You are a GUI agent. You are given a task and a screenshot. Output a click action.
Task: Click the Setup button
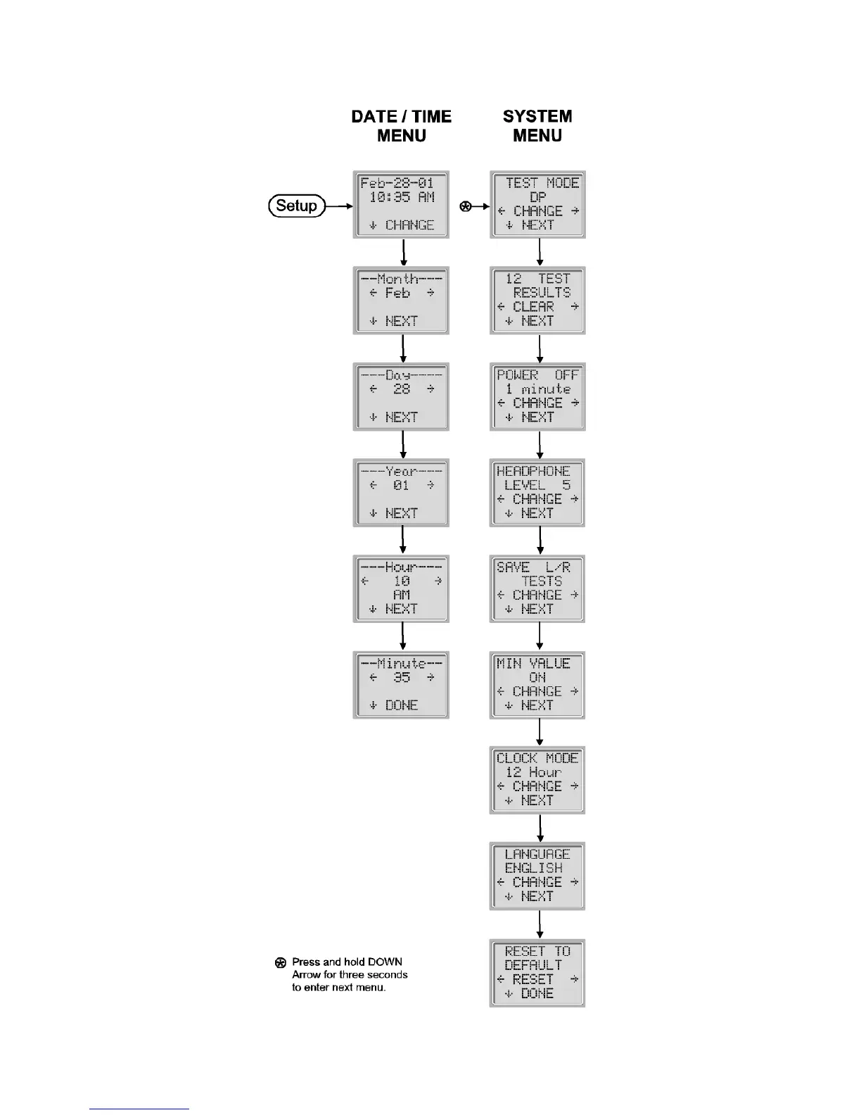(x=297, y=206)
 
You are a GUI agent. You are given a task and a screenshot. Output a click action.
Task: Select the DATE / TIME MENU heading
(x=401, y=126)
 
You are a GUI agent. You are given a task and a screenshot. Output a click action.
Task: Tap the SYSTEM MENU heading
(x=537, y=126)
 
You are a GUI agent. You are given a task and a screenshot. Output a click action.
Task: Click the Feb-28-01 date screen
(x=401, y=204)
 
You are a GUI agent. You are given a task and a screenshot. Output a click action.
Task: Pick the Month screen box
(x=401, y=300)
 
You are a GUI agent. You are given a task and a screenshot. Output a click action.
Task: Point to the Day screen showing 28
(x=401, y=396)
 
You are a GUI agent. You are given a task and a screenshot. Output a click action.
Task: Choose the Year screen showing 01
(x=401, y=493)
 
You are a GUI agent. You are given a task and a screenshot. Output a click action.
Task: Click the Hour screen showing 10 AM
(x=401, y=588)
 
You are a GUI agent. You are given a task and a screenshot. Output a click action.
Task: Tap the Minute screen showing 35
(x=401, y=684)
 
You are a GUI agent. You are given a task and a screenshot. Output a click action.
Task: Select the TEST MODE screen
(x=537, y=204)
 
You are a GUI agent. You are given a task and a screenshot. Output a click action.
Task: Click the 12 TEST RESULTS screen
(x=537, y=300)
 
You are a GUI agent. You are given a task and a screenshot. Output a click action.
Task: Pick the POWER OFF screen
(x=537, y=396)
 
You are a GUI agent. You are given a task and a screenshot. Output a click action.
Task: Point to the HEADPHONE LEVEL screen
(x=537, y=493)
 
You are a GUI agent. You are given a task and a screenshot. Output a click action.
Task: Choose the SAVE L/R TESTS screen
(x=537, y=588)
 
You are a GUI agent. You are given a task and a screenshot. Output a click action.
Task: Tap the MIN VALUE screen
(x=537, y=684)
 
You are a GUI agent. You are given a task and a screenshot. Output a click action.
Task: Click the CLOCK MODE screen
(x=537, y=780)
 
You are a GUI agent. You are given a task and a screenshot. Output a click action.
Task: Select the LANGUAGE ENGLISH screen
(x=537, y=876)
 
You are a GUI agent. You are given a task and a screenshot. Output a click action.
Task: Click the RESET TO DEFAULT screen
(x=537, y=972)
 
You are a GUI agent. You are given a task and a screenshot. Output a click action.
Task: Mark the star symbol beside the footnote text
(x=280, y=962)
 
